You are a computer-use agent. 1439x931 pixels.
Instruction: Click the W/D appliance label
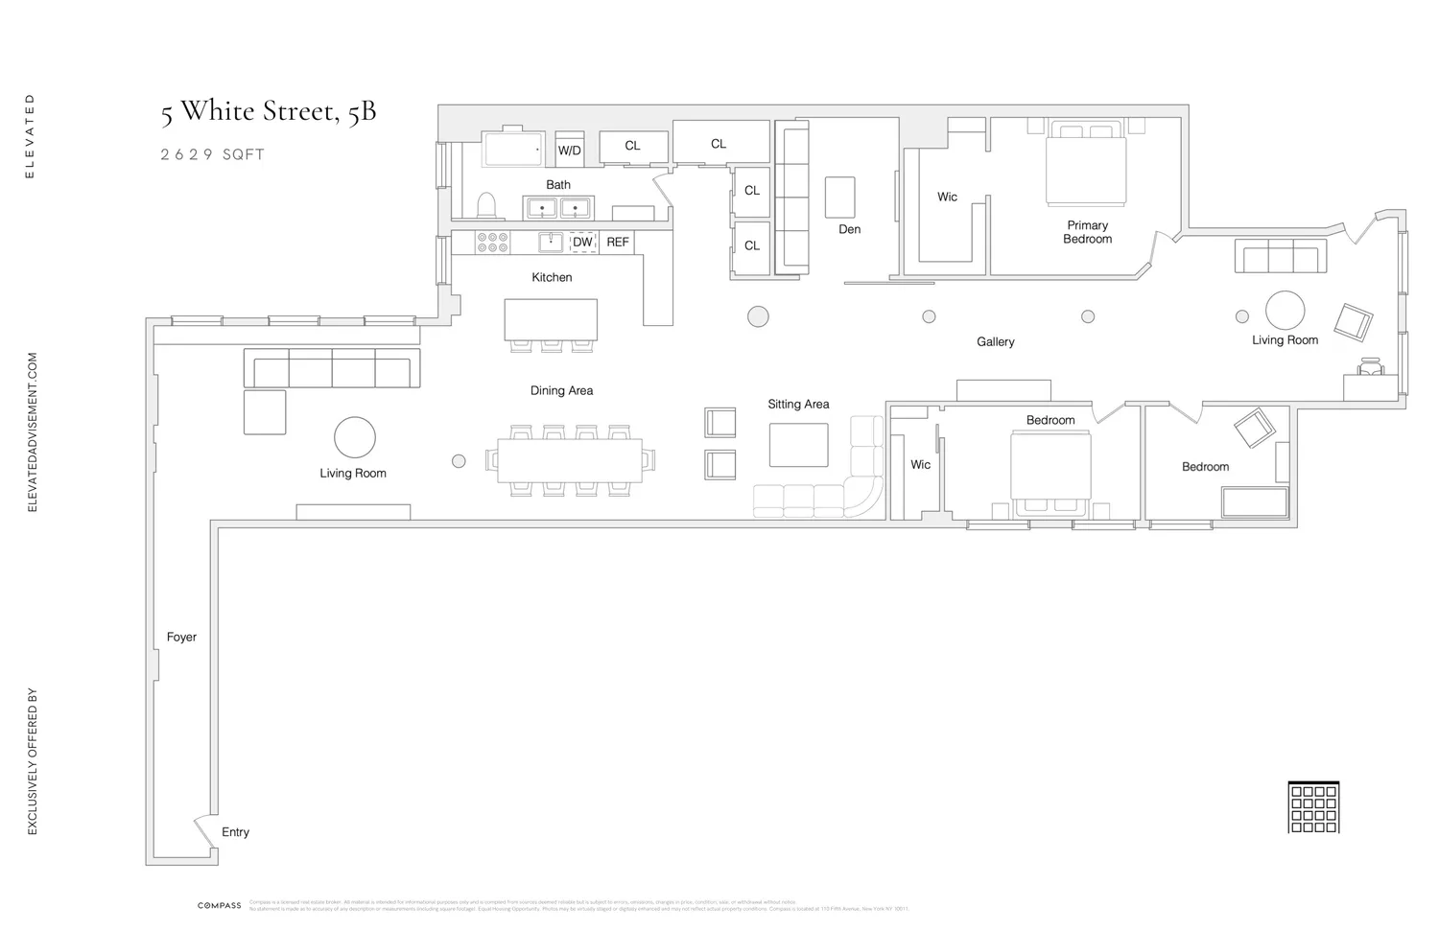[x=569, y=151]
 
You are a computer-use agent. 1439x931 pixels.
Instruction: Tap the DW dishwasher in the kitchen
[x=582, y=243]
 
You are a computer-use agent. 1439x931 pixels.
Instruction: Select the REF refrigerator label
[x=618, y=243]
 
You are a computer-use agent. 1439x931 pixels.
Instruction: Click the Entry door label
[x=235, y=832]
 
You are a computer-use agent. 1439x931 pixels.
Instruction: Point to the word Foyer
[x=181, y=637]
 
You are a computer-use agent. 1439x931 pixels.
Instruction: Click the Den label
[x=849, y=229]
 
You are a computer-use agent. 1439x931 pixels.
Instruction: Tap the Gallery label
[x=995, y=341]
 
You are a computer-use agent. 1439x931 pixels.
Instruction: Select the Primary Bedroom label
[x=1087, y=232]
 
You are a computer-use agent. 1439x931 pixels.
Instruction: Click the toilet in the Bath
[x=486, y=205]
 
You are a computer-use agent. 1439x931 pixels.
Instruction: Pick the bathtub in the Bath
[x=515, y=149]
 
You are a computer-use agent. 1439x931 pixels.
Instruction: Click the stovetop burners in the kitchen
[x=493, y=242]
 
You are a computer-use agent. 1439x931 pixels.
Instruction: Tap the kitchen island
[x=551, y=319]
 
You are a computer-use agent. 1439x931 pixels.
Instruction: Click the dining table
[x=570, y=460]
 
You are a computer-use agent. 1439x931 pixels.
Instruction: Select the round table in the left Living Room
[x=354, y=437]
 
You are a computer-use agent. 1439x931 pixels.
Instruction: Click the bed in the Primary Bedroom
[x=1086, y=169]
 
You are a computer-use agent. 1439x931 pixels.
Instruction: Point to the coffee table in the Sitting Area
[x=798, y=445]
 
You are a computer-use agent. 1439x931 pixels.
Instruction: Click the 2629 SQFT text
[x=212, y=154]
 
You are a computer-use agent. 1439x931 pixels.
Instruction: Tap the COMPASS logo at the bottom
[x=220, y=905]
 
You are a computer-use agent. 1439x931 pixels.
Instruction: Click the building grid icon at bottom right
[x=1312, y=807]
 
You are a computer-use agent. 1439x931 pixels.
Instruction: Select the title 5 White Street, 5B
[x=268, y=111]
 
